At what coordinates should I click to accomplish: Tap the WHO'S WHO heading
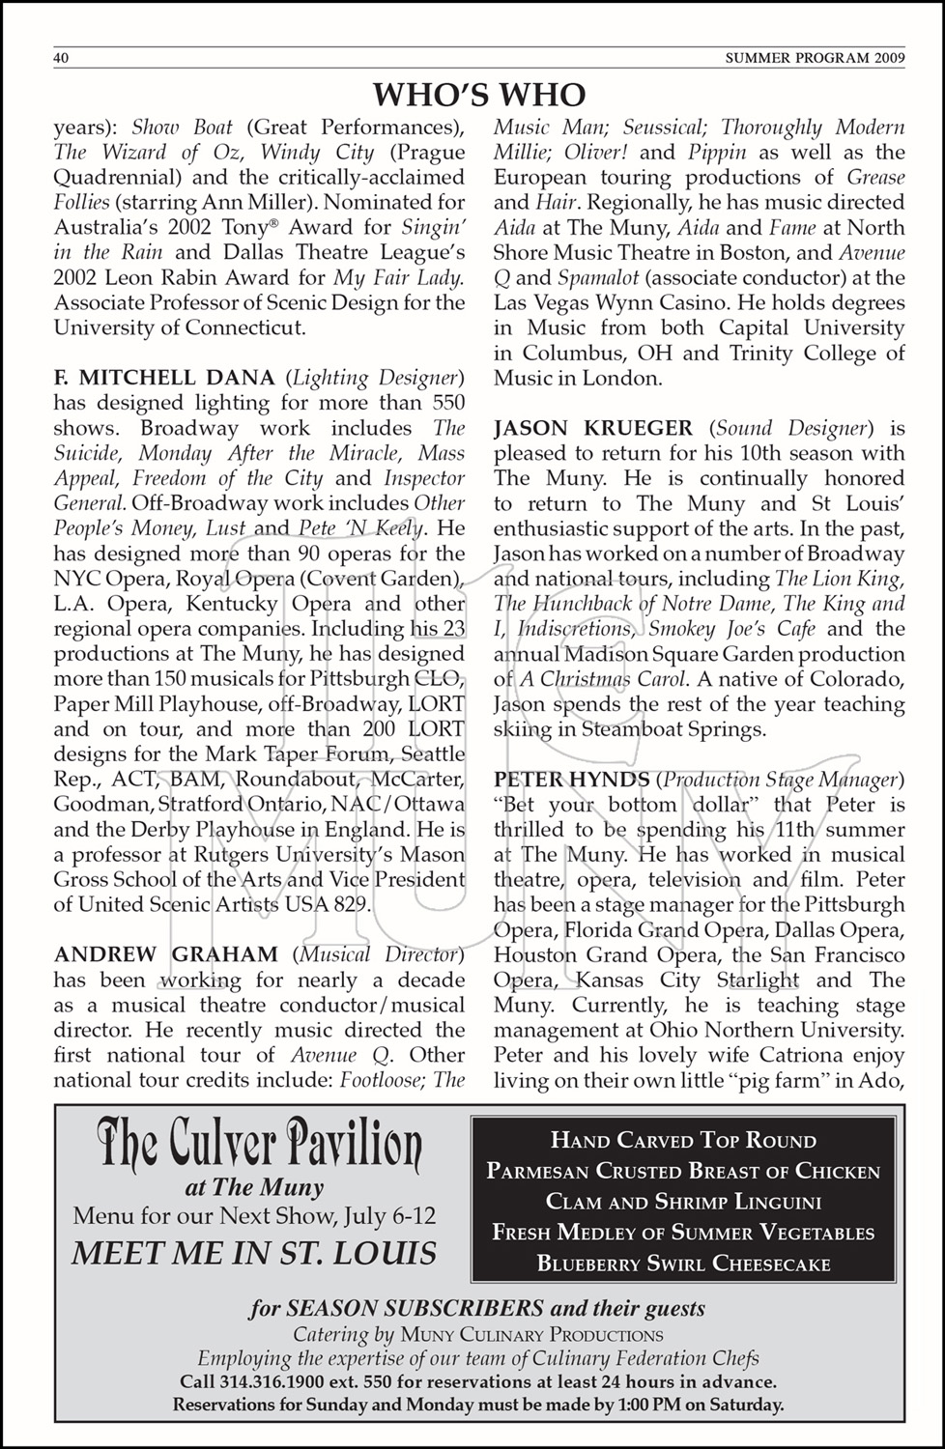click(x=479, y=96)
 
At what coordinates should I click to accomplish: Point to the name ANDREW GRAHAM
click(x=166, y=954)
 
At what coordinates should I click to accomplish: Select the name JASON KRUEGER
click(x=593, y=428)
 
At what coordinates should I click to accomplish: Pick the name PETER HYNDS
click(x=571, y=780)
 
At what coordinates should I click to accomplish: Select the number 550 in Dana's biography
click(x=445, y=403)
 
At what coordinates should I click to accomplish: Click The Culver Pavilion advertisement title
click(x=259, y=1148)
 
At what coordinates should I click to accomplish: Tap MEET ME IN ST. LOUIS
click(x=254, y=1253)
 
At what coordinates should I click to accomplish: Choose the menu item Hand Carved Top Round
click(x=683, y=1141)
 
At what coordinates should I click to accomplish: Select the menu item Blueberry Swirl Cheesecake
click(x=683, y=1264)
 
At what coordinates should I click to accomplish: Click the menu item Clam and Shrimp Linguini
click(x=683, y=1203)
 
